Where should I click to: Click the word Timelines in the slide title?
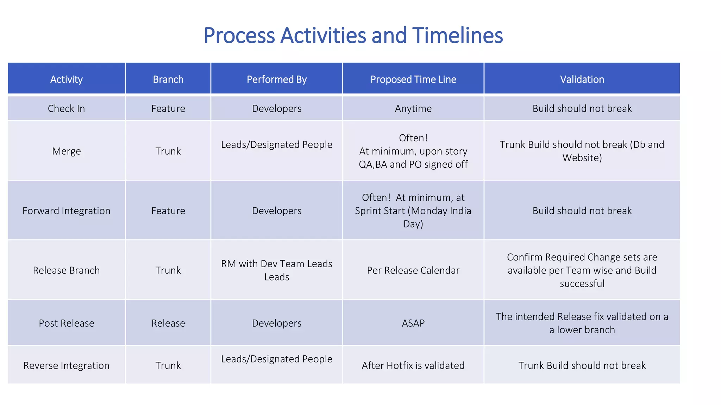click(x=457, y=36)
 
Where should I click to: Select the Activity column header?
click(x=66, y=79)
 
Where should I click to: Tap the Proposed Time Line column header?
click(x=413, y=79)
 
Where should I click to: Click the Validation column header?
click(x=582, y=79)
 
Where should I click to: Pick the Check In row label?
click(x=66, y=109)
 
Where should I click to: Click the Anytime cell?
click(x=413, y=109)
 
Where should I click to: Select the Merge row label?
click(x=66, y=151)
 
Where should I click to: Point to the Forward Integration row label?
click(x=66, y=211)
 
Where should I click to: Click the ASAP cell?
click(x=413, y=323)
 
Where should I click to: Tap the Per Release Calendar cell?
click(x=413, y=270)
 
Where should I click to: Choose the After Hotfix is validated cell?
click(x=413, y=366)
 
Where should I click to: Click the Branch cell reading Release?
click(x=168, y=323)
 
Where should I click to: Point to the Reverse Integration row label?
click(x=66, y=366)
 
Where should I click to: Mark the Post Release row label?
click(x=66, y=323)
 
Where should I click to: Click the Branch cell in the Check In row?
click(x=168, y=109)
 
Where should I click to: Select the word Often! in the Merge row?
click(x=413, y=138)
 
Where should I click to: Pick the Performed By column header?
click(x=276, y=79)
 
